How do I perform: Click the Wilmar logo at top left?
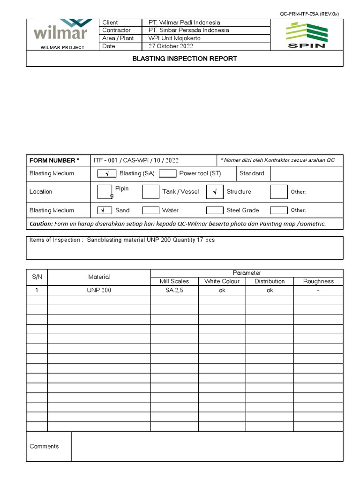coord(60,32)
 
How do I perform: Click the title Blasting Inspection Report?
coord(185,59)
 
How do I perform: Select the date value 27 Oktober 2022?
coord(170,46)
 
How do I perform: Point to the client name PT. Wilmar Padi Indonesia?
coord(184,22)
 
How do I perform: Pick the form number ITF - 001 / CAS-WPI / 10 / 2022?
coord(136,160)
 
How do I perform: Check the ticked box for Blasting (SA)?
coord(106,173)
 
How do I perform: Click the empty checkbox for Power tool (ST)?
coord(167,173)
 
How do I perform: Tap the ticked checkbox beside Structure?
coord(215,192)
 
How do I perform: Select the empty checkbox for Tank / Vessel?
coord(151,192)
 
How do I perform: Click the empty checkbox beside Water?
coord(151,210)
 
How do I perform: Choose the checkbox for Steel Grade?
coord(215,210)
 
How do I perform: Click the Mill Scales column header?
coord(174,281)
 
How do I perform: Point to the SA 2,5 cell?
coord(174,290)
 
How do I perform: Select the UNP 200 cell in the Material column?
coord(99,290)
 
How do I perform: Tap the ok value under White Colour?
coord(222,290)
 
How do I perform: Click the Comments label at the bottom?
coord(44,446)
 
